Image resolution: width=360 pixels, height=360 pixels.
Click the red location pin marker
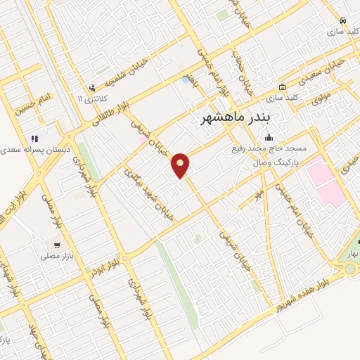[181, 165]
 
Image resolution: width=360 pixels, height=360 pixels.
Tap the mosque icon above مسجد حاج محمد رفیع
[269, 138]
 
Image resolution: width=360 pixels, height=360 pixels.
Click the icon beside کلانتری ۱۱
[93, 88]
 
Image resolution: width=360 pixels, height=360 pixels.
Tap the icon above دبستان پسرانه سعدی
[34, 139]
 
